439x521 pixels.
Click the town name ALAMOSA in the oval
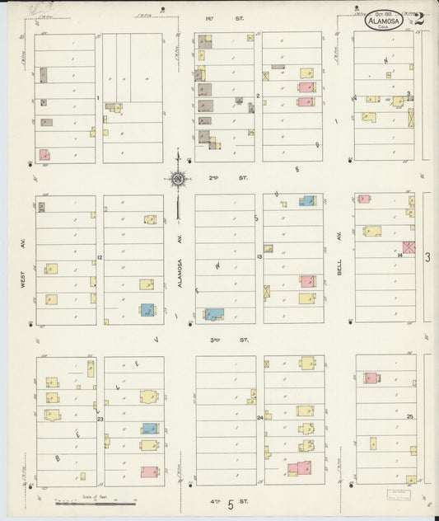385,20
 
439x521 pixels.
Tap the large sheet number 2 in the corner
419,19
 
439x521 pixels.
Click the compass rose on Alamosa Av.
177,177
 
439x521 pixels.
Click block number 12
99,258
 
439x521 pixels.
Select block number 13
259,258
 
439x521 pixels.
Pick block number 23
100,420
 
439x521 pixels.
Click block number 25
409,417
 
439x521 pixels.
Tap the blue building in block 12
147,311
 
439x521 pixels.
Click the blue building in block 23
150,429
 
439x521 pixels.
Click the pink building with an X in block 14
409,247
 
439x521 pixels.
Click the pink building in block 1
44,154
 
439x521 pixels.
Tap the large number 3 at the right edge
427,258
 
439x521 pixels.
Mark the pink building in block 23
149,472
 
